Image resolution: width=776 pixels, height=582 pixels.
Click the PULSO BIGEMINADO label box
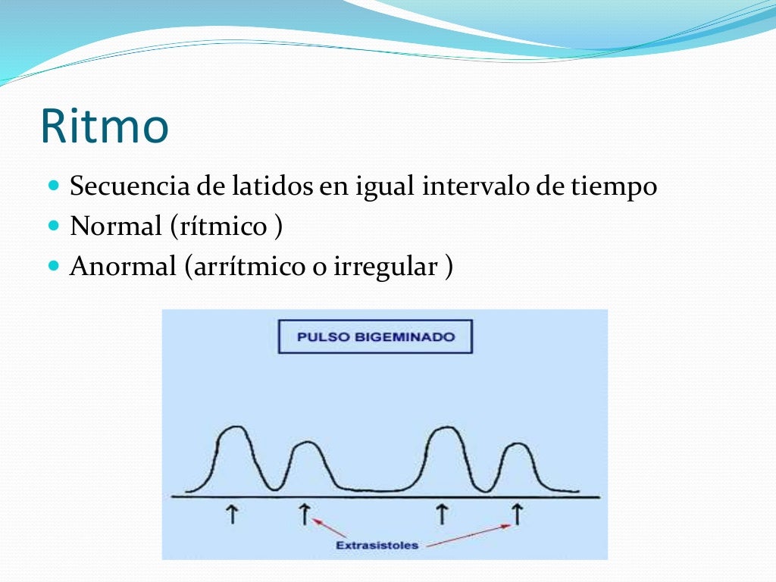[x=375, y=337]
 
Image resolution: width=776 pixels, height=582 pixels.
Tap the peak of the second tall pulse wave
[x=443, y=430]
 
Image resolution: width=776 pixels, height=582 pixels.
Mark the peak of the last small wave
[x=517, y=444]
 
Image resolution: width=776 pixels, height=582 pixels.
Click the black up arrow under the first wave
[x=232, y=515]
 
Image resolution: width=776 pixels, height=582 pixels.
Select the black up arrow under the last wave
[x=518, y=515]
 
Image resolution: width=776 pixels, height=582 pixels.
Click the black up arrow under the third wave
[x=441, y=515]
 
